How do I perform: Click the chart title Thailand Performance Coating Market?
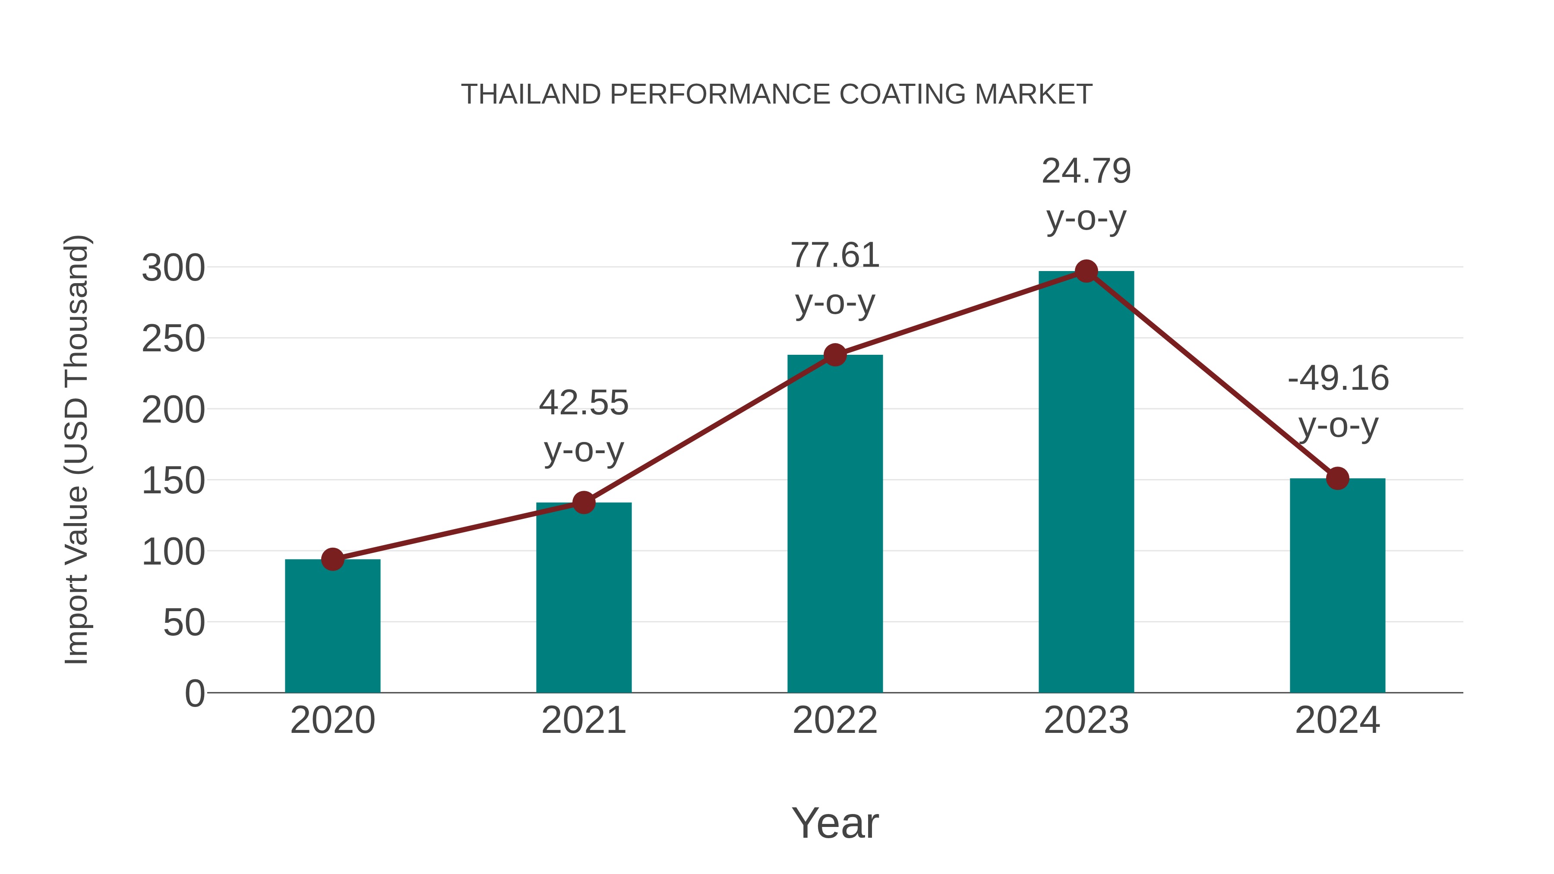tap(777, 95)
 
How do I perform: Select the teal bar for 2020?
tap(332, 627)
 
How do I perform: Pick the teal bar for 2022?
tap(835, 525)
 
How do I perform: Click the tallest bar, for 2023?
tap(1086, 483)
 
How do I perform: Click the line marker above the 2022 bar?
tap(835, 355)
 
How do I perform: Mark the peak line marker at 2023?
tap(1086, 271)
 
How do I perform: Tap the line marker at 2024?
tap(1337, 478)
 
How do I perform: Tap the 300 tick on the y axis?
tap(173, 268)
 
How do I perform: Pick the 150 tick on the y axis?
tap(173, 481)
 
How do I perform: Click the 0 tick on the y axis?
tap(194, 694)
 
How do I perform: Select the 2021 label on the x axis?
tap(583, 720)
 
